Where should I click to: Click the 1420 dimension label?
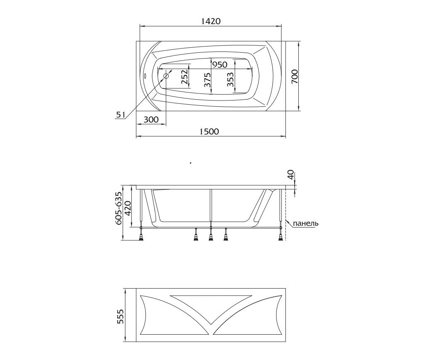(x=211, y=21)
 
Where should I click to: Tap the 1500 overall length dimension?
(x=209, y=131)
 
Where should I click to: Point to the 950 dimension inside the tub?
(x=220, y=65)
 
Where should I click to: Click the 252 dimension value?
(x=184, y=77)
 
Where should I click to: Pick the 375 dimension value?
(x=207, y=80)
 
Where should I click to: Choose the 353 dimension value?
(x=230, y=80)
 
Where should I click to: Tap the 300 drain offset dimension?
(x=151, y=119)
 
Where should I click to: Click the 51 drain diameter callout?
(x=121, y=115)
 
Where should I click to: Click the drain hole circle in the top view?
(x=166, y=76)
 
